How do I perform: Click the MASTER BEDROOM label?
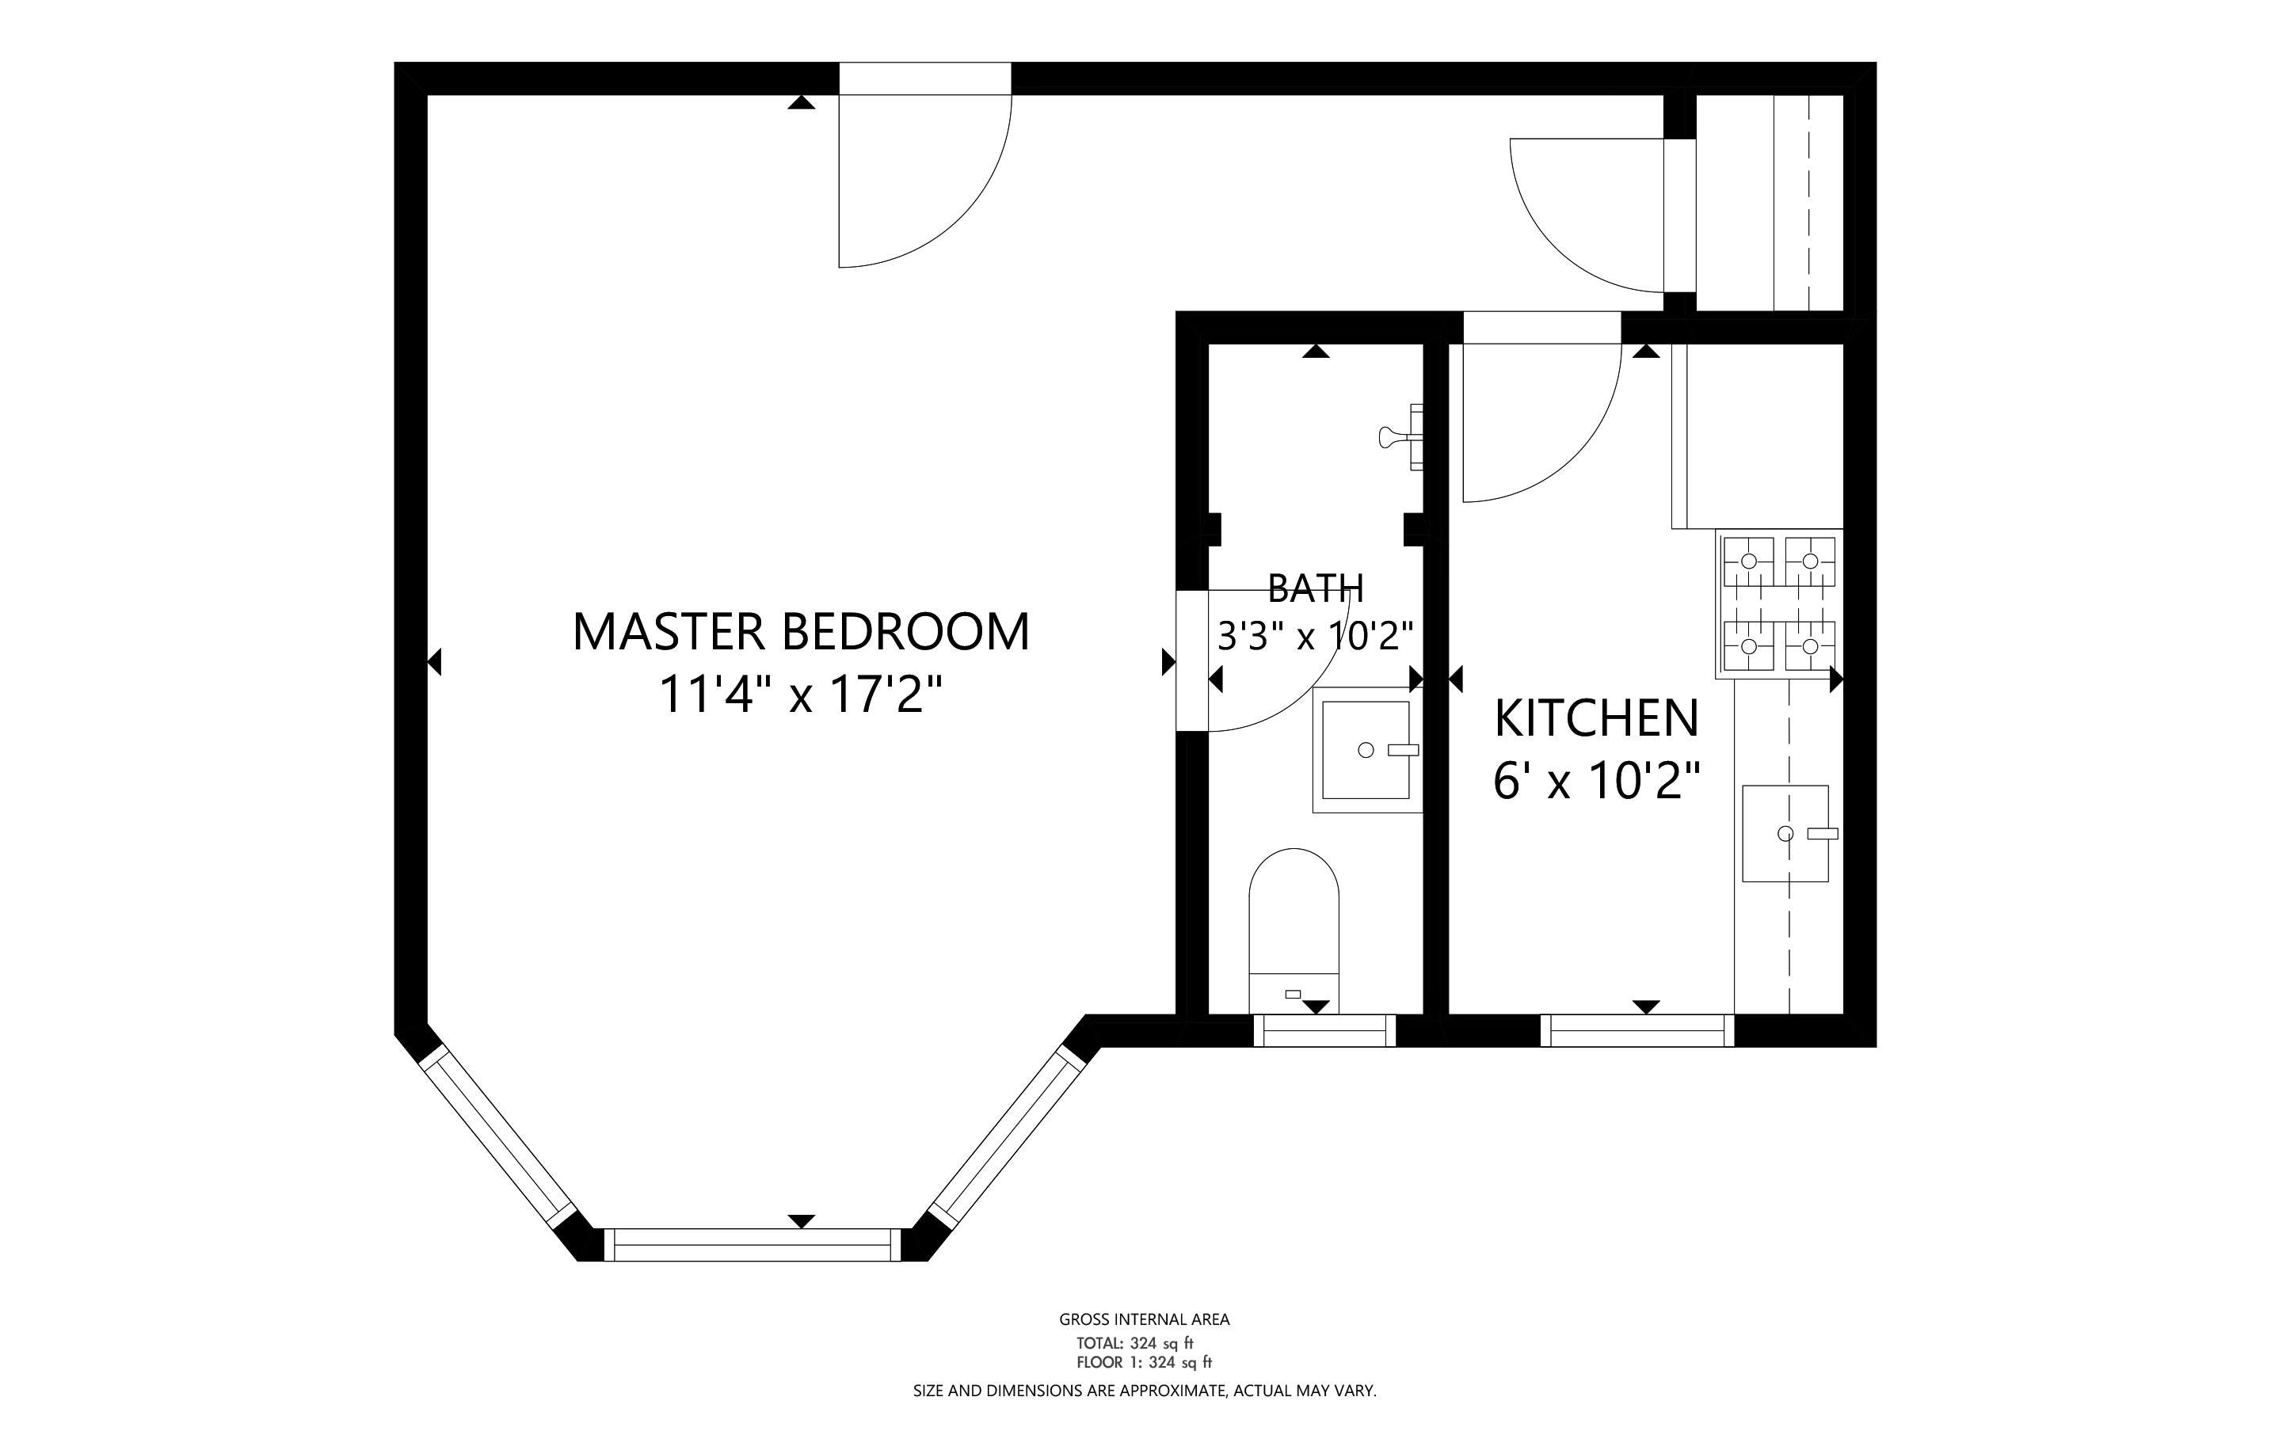801,632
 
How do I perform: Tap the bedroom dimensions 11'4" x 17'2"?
801,695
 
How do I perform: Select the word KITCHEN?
1596,718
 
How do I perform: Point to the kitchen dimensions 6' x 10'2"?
1596,782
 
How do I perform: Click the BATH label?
1316,588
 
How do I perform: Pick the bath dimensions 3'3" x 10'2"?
1316,636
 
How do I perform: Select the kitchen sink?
1785,834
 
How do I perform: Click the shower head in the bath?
1402,436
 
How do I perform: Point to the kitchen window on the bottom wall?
1637,1029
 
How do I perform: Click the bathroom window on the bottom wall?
1324,1029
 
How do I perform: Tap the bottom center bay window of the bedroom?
753,1245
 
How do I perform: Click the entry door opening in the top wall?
925,78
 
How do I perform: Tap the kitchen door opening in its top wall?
1542,328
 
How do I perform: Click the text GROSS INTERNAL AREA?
1145,1319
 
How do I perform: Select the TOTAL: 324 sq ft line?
1135,1343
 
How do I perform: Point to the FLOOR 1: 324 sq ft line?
1145,1363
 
